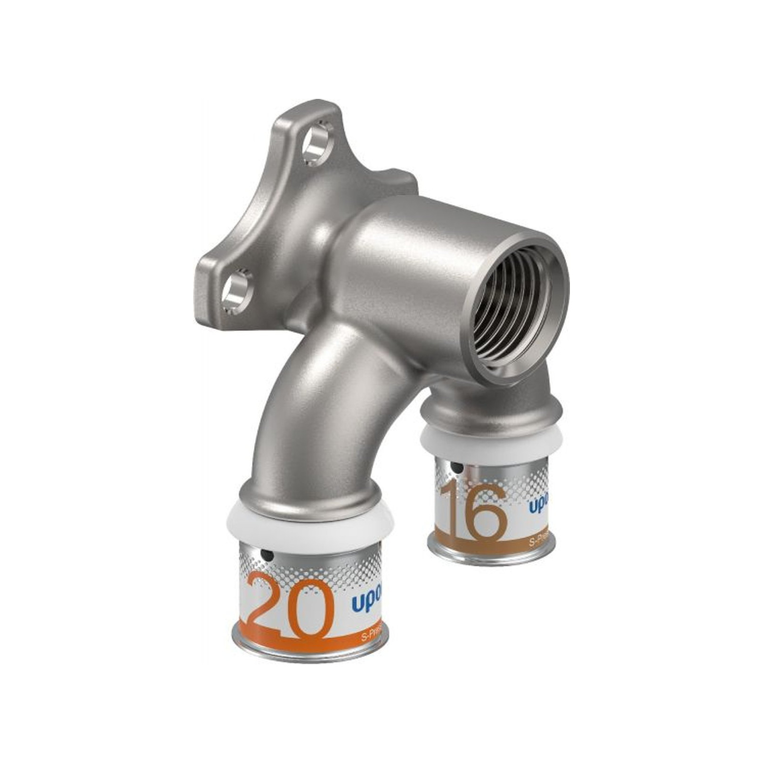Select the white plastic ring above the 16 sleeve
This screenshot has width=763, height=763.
pyautogui.click(x=490, y=440)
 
